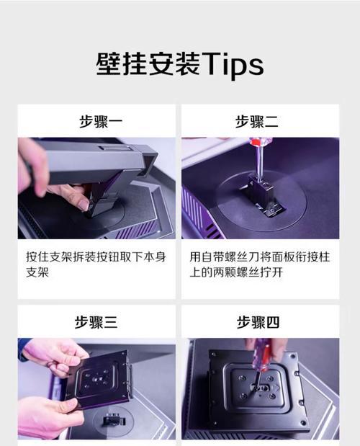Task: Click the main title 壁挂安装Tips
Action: point(179,64)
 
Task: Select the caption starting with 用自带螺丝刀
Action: point(258,264)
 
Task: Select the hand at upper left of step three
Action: point(54,353)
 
